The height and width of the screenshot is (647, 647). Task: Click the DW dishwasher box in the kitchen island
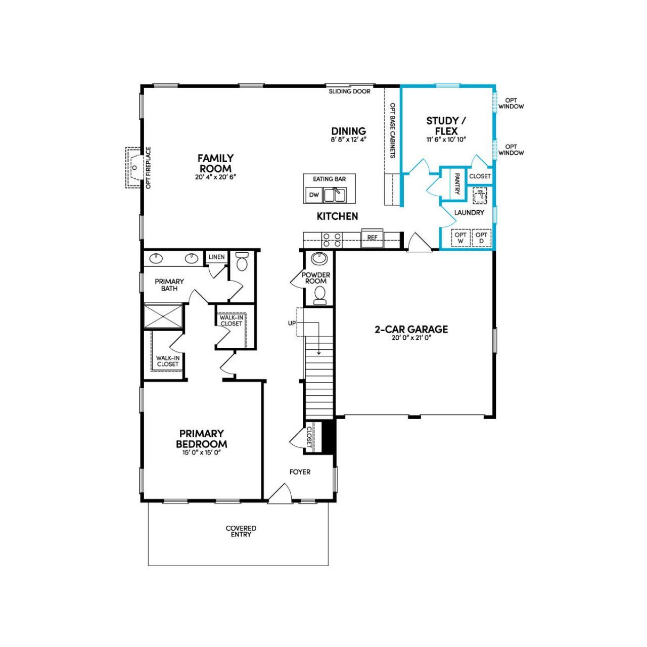[x=314, y=195]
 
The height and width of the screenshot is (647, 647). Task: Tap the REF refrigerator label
[x=373, y=238]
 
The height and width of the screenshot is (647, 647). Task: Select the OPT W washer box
[x=460, y=238]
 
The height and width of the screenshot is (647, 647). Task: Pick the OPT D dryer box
[x=481, y=238]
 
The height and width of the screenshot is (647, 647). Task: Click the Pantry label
[x=457, y=184]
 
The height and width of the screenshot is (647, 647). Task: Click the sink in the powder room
[x=319, y=259]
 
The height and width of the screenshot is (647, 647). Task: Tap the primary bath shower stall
[x=163, y=316]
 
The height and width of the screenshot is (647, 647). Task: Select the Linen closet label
[x=216, y=257]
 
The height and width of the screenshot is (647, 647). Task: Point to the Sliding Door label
[x=349, y=91]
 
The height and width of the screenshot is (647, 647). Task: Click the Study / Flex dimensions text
[x=445, y=139]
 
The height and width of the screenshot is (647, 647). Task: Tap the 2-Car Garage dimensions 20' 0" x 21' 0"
[x=411, y=338]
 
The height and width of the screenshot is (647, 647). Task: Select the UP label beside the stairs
[x=292, y=323]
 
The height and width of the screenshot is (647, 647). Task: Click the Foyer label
[x=300, y=472]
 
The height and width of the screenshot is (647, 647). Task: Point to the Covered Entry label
[x=241, y=531]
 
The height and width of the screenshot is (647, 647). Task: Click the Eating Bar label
[x=329, y=179]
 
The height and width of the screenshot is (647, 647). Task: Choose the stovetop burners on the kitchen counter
[x=331, y=239]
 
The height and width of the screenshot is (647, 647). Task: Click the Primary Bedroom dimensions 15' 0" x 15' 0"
[x=202, y=453]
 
